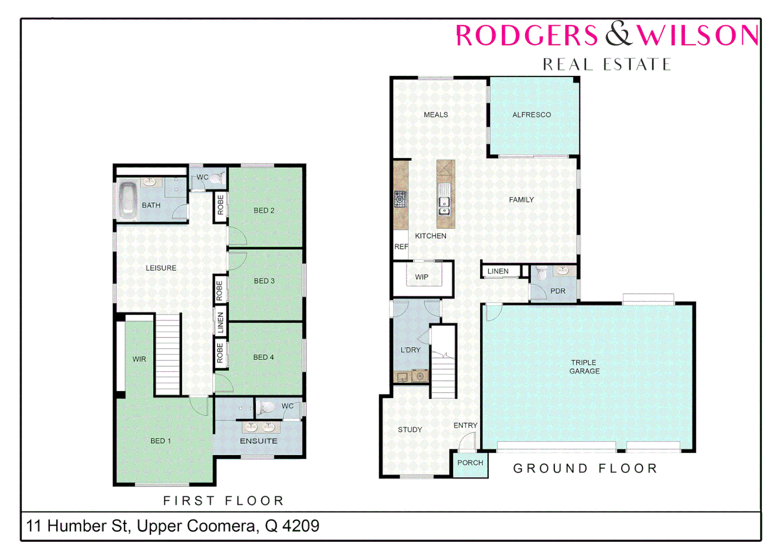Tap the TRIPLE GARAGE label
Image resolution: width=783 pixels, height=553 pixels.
click(584, 367)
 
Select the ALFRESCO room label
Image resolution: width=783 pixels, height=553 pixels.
click(531, 115)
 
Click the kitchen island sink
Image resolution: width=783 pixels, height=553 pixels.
click(444, 205)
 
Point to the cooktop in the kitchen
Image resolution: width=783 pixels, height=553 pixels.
click(400, 199)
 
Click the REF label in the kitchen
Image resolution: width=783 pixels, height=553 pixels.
click(401, 247)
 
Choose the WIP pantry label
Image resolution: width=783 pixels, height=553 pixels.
click(422, 277)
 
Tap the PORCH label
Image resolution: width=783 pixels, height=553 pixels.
click(470, 463)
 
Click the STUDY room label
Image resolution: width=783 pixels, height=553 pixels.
click(410, 430)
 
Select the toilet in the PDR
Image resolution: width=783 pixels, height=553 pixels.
click(542, 273)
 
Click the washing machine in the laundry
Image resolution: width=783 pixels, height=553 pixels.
click(420, 376)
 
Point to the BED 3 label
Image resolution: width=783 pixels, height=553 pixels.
click(264, 281)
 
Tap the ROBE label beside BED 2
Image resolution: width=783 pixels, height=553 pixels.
click(220, 205)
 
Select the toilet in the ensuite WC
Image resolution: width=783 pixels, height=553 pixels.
click(266, 408)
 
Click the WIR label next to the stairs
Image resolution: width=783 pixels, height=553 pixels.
click(139, 359)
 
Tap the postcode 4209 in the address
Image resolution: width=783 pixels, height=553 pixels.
click(301, 526)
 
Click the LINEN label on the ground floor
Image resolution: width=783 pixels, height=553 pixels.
click(498, 271)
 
